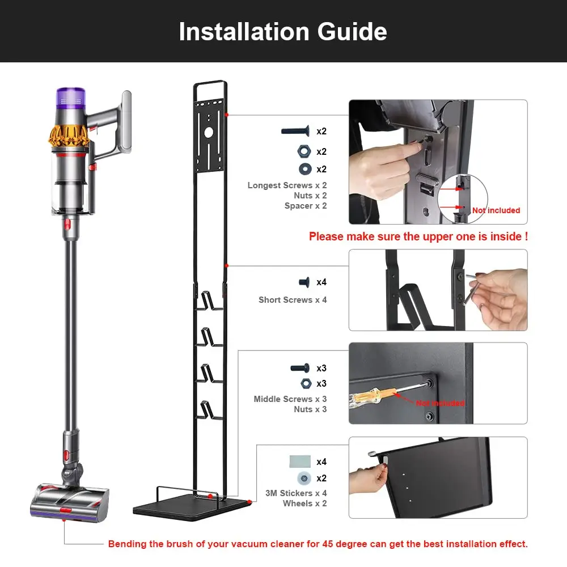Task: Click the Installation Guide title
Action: [x=283, y=31]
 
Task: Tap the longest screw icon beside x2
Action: [x=295, y=131]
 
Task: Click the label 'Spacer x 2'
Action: [x=306, y=206]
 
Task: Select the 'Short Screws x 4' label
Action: [x=293, y=300]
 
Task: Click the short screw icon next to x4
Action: [x=304, y=282]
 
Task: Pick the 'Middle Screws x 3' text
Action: [x=290, y=399]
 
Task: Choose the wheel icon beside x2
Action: [x=304, y=479]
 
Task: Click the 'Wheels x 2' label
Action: [x=305, y=503]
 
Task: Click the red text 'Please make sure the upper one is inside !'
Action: [x=418, y=236]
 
